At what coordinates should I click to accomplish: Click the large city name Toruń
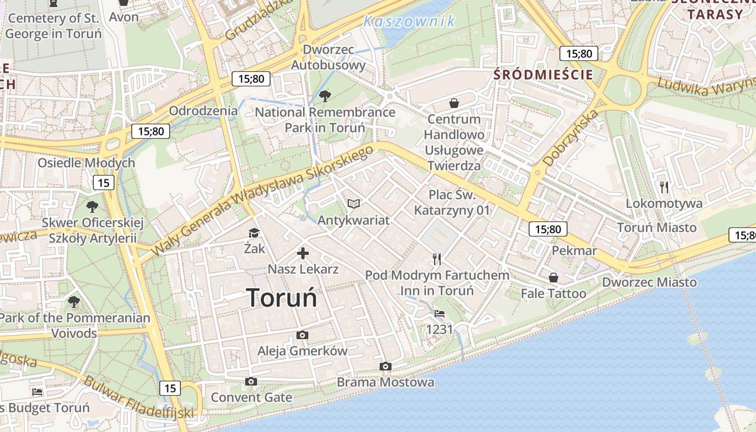[x=281, y=298]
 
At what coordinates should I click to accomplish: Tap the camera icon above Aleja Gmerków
[x=302, y=335]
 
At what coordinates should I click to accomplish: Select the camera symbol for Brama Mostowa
[x=385, y=367]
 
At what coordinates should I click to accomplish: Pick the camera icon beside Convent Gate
[x=251, y=382]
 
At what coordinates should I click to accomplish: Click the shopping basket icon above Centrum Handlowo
[x=454, y=103]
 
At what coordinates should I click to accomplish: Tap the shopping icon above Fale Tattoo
[x=553, y=278]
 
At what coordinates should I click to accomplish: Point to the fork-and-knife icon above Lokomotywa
[x=664, y=187]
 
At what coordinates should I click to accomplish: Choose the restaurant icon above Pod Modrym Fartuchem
[x=437, y=259]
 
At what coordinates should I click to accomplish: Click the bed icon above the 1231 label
[x=440, y=313]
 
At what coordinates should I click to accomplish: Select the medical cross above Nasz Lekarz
[x=303, y=253]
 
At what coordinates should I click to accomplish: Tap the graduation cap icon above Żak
[x=254, y=233]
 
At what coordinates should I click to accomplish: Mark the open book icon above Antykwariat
[x=354, y=204]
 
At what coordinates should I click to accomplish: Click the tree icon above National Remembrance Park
[x=325, y=97]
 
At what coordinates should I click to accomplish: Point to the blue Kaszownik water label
[x=409, y=22]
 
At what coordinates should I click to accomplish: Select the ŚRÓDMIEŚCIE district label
[x=543, y=75]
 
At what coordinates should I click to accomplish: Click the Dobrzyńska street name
[x=571, y=137]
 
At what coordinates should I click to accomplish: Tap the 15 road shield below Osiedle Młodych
[x=104, y=183]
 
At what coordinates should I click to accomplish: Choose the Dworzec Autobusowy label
[x=328, y=57]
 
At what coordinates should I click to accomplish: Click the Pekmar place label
[x=574, y=251]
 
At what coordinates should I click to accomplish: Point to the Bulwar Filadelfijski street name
[x=138, y=397]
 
